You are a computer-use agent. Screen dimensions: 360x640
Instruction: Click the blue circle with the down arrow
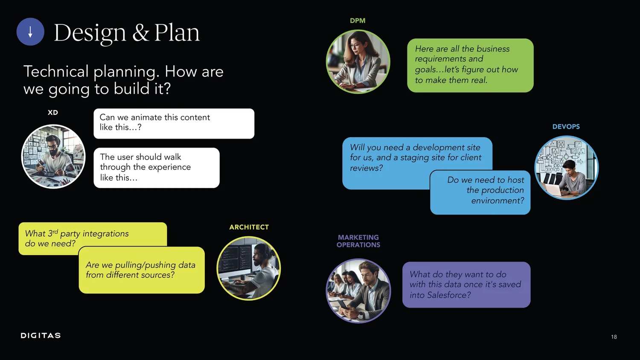(x=30, y=32)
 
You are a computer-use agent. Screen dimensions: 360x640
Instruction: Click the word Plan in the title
(x=177, y=32)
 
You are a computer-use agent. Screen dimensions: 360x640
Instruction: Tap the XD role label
(x=53, y=113)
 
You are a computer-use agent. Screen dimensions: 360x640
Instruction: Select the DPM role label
(x=358, y=20)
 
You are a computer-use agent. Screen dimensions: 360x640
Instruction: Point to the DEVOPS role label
(x=566, y=127)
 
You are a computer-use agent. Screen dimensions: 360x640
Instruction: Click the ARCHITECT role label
(x=249, y=227)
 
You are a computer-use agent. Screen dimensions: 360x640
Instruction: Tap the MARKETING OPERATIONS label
(x=358, y=241)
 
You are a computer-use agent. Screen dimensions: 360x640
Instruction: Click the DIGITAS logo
(x=41, y=336)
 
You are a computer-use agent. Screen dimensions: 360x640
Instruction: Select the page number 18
(x=614, y=337)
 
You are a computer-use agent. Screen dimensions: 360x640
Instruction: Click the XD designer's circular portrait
(x=53, y=157)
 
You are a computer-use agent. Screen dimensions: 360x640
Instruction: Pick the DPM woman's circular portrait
(x=358, y=61)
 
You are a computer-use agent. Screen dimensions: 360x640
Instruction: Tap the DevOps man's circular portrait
(x=567, y=168)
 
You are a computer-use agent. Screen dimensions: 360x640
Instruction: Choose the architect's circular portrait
(x=249, y=268)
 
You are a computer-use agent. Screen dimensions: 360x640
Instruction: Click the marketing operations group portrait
(x=358, y=291)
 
